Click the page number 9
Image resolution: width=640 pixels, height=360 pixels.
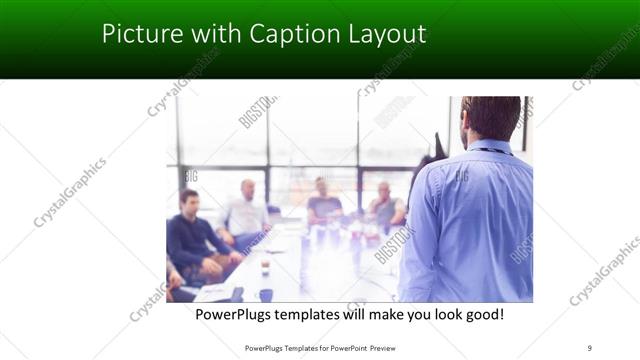pyautogui.click(x=590, y=348)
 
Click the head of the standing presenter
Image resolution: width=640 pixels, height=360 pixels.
pyautogui.click(x=490, y=118)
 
